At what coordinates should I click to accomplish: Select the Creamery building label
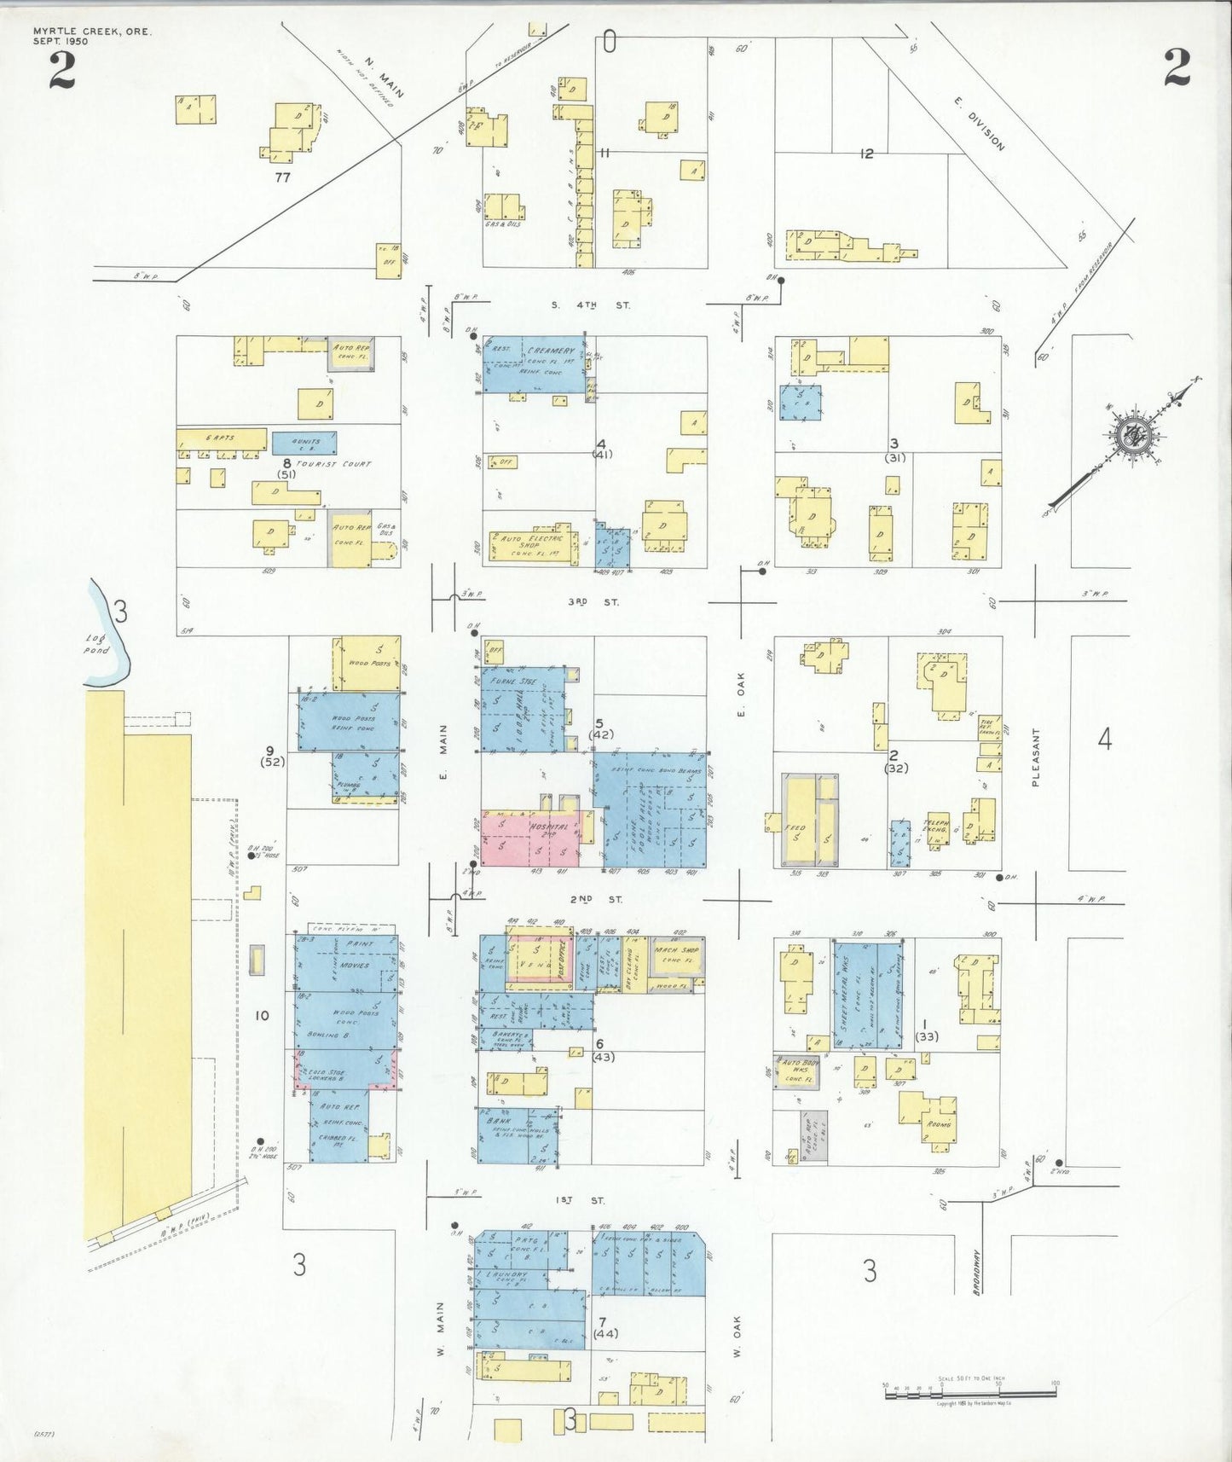pyautogui.click(x=551, y=351)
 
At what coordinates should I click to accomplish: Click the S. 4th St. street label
pyautogui.click(x=591, y=305)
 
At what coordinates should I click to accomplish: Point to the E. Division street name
pyautogui.click(x=980, y=125)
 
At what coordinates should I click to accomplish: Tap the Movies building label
pyautogui.click(x=349, y=965)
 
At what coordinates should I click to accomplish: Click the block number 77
pyautogui.click(x=283, y=177)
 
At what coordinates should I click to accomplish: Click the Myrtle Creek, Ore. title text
pyautogui.click(x=92, y=32)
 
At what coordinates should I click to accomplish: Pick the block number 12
pyautogui.click(x=867, y=154)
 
